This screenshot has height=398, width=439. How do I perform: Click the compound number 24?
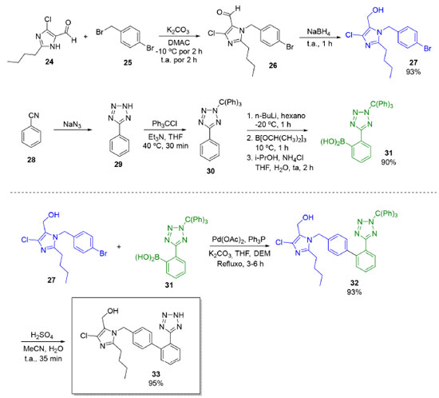click(49, 62)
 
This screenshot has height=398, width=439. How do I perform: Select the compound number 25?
click(128, 62)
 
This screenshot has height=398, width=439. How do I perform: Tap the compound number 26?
click(273, 66)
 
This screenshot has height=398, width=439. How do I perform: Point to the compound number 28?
click(31, 160)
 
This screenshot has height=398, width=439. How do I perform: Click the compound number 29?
click(118, 164)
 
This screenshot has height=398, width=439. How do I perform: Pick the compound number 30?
click(211, 171)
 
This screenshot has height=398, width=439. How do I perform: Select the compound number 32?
click(354, 283)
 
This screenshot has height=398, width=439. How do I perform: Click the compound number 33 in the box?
click(156, 374)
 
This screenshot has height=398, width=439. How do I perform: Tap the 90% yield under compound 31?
click(389, 162)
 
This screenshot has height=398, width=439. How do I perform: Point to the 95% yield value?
click(156, 383)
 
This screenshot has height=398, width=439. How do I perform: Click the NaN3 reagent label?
click(72, 124)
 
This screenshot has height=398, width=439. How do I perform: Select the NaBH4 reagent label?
click(318, 32)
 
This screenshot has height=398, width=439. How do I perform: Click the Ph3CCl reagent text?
click(164, 124)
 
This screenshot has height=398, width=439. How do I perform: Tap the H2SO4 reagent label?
click(42, 336)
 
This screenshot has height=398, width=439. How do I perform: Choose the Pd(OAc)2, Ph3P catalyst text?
click(239, 240)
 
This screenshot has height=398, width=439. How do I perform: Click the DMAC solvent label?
click(179, 42)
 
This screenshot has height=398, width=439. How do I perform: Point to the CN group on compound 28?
click(34, 115)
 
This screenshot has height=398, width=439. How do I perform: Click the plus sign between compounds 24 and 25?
click(85, 37)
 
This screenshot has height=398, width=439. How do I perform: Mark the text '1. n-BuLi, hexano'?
click(276, 116)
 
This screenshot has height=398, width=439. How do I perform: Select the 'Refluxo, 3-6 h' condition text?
click(240, 264)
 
